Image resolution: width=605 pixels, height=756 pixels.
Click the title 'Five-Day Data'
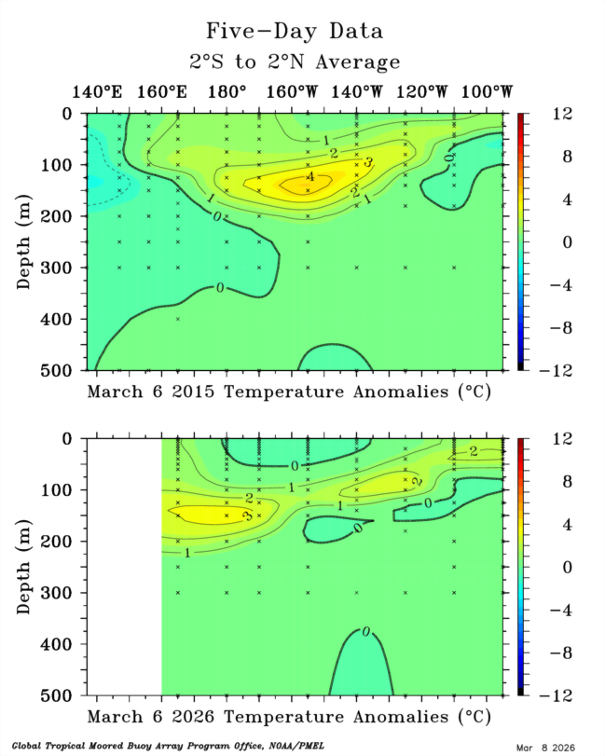pyautogui.click(x=294, y=32)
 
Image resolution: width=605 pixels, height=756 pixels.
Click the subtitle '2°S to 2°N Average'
pyautogui.click(x=294, y=62)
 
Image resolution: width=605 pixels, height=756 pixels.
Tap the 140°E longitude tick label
pyautogui.click(x=97, y=92)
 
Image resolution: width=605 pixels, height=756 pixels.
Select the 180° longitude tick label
pyautogui.click(x=227, y=92)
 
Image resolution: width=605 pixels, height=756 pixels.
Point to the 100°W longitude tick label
pyautogui.click(x=488, y=92)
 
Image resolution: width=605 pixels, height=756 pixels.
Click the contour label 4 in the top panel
pyautogui.click(x=310, y=177)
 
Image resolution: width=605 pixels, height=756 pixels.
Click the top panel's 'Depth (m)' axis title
pyautogui.click(x=25, y=241)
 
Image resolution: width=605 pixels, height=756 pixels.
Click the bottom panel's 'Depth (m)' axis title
pyautogui.click(x=25, y=566)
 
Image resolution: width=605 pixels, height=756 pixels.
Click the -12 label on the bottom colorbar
pyautogui.click(x=541, y=695)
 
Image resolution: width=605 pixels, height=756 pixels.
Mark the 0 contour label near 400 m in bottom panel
pyautogui.click(x=365, y=632)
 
